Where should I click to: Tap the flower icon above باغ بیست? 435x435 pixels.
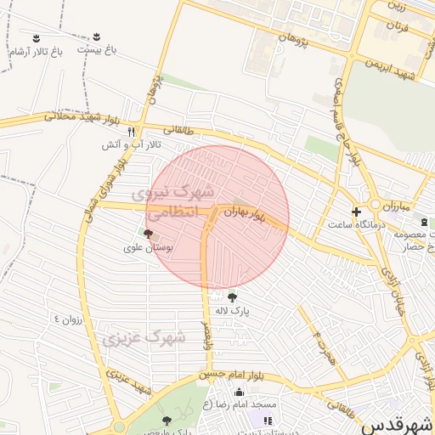click(96, 37)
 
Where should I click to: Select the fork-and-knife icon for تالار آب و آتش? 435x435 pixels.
click(131, 132)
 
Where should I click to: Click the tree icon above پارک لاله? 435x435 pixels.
click(232, 297)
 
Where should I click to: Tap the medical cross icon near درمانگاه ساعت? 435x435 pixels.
click(356, 211)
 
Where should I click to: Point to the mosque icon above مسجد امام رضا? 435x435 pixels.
click(239, 392)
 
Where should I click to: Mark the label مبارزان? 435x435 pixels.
click(395, 206)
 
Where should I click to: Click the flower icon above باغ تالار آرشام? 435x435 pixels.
click(36, 37)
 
